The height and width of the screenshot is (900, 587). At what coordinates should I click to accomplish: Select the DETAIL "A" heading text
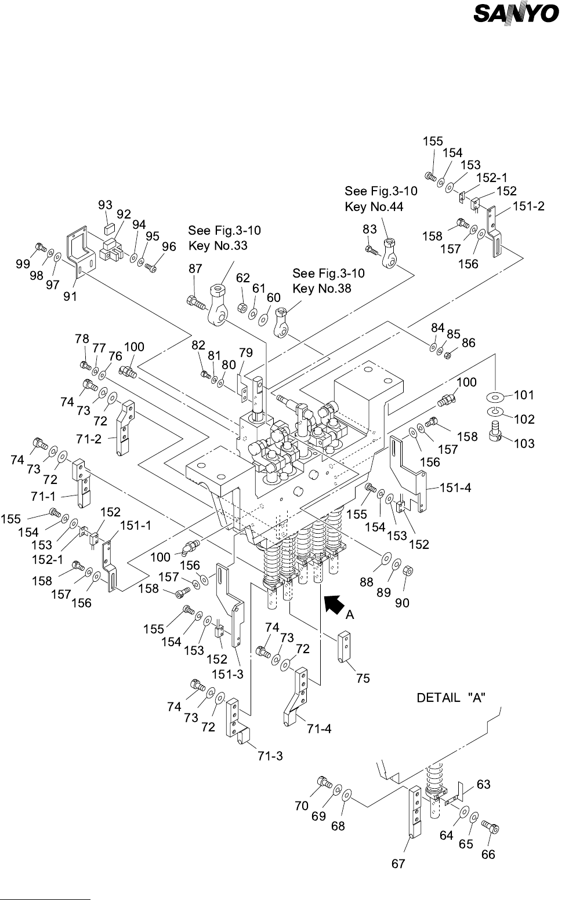click(451, 698)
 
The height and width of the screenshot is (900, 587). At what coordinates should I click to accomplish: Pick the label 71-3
click(270, 756)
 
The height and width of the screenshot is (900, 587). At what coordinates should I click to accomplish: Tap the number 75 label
click(363, 678)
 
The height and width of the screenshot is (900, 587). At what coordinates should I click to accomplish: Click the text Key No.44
click(374, 207)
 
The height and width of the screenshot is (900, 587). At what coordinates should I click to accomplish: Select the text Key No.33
click(218, 245)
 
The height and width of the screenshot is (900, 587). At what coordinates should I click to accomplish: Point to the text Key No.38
click(322, 288)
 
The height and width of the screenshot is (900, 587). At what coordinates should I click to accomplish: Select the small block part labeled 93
click(107, 227)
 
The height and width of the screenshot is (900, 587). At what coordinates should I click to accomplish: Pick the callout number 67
click(398, 863)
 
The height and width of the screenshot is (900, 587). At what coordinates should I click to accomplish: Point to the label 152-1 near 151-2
click(492, 178)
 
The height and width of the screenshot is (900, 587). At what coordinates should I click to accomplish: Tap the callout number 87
click(195, 268)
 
